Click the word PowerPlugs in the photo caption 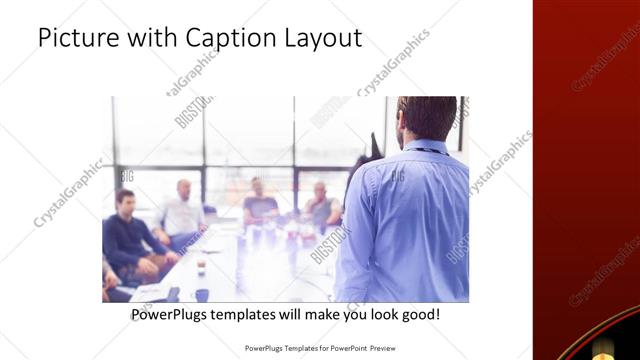pos(170,314)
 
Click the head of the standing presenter pos(427,118)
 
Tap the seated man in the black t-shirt pos(259,202)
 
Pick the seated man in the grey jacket pos(321,205)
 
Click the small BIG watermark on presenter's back pos(397,176)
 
